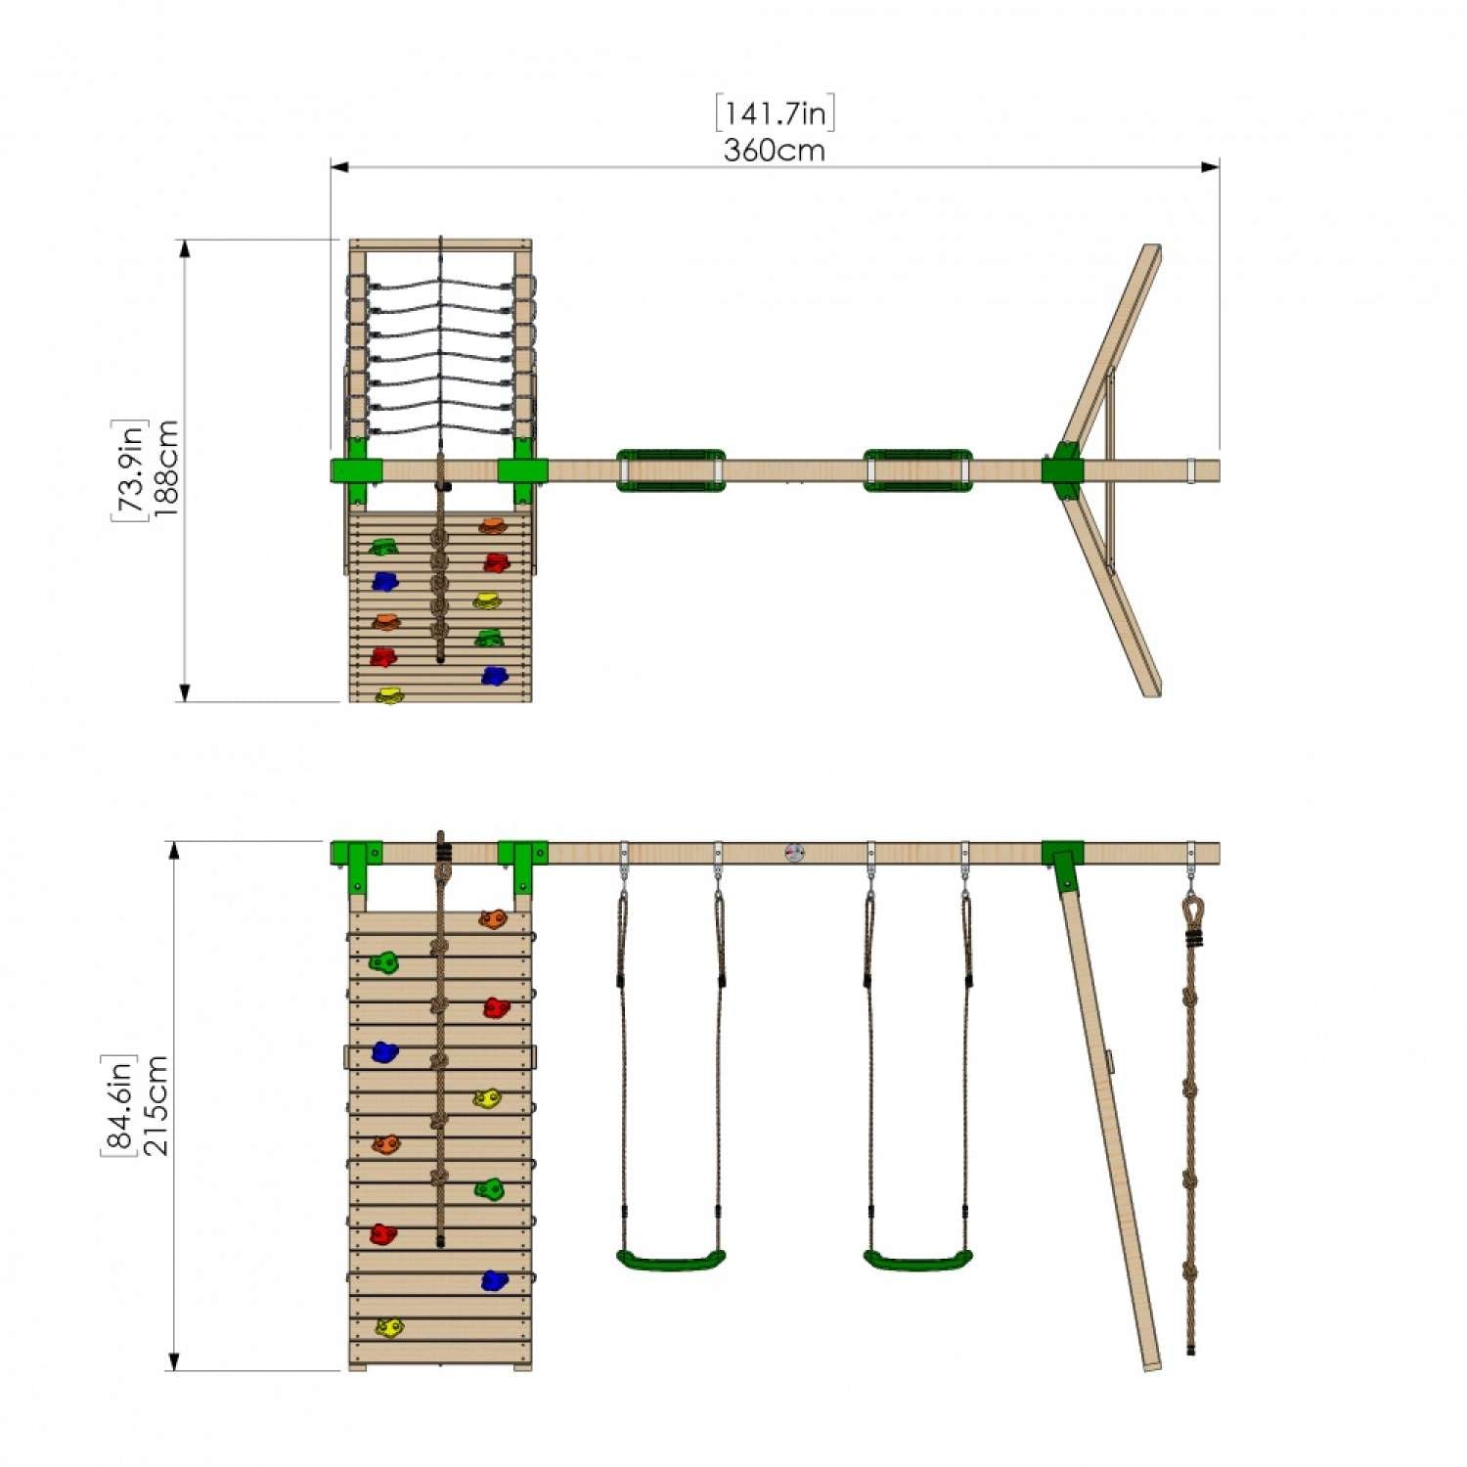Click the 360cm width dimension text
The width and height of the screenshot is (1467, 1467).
(774, 151)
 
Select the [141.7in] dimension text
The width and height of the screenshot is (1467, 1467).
(775, 113)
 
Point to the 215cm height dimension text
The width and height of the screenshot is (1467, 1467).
(156, 1105)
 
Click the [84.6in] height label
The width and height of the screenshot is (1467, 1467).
(118, 1105)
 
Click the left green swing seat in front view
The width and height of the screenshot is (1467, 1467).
(671, 1260)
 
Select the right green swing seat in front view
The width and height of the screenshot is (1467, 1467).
(917, 1260)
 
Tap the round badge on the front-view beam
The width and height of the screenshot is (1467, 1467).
(794, 853)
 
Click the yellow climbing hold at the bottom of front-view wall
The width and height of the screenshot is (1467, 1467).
(389, 1327)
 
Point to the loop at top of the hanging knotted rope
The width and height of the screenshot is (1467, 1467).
(1191, 911)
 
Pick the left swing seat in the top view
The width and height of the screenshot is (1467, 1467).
(671, 470)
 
